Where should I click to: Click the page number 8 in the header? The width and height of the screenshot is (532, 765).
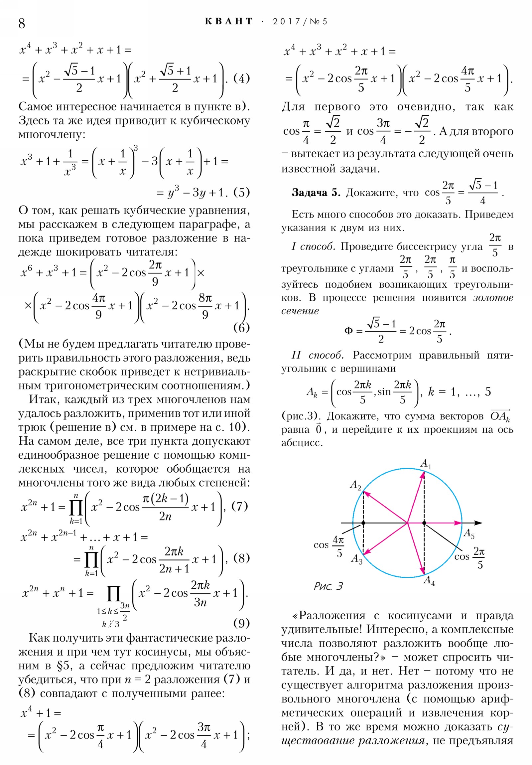coord(22,23)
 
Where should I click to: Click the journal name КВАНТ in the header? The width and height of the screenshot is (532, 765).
coord(228,22)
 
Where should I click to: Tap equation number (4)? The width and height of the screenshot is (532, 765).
coord(241,78)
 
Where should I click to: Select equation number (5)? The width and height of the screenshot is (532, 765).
coord(241,192)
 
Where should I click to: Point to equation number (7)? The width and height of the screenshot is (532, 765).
coord(239,506)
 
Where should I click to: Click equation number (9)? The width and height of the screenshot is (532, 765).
coord(241,623)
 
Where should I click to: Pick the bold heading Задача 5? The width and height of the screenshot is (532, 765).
coord(316,193)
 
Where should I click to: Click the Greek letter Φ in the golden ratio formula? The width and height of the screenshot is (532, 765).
coord(348,331)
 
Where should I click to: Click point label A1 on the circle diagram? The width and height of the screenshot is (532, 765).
coord(425,463)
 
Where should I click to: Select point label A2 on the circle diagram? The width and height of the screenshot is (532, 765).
coord(355,485)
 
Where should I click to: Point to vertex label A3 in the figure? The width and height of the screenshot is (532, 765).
coord(356,559)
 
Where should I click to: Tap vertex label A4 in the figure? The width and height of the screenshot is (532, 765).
coord(429,580)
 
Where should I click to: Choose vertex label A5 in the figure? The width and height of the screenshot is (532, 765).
coord(469,534)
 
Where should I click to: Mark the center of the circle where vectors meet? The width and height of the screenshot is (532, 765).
coord(407,523)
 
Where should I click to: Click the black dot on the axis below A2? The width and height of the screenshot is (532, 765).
coord(363,523)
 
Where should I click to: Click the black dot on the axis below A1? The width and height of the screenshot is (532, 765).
coord(424,523)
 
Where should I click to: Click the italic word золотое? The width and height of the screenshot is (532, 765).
coord(493,298)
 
